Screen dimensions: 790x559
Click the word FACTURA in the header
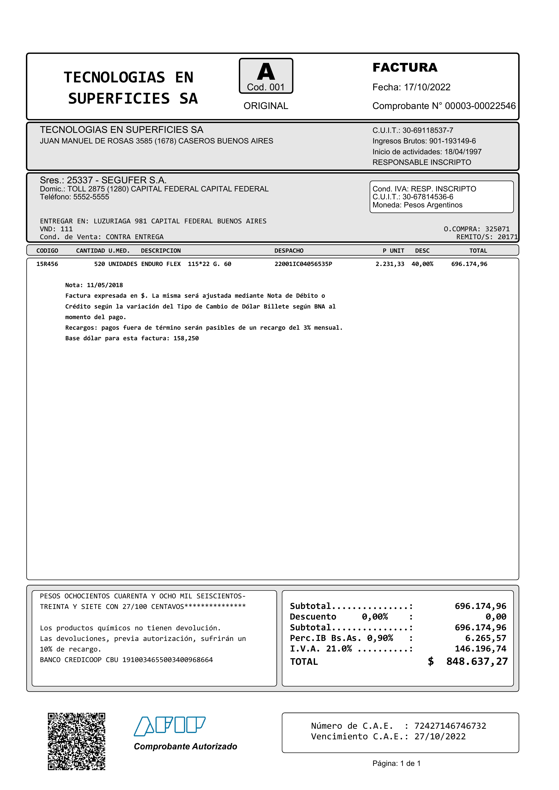[405, 67]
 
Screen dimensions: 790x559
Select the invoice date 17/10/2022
[427, 87]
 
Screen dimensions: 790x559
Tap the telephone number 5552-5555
[91, 197]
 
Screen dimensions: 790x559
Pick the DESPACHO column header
[289, 251]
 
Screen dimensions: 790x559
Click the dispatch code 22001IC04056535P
[303, 264]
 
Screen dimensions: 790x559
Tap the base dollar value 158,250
[186, 338]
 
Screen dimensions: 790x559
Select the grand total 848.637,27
[477, 661]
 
